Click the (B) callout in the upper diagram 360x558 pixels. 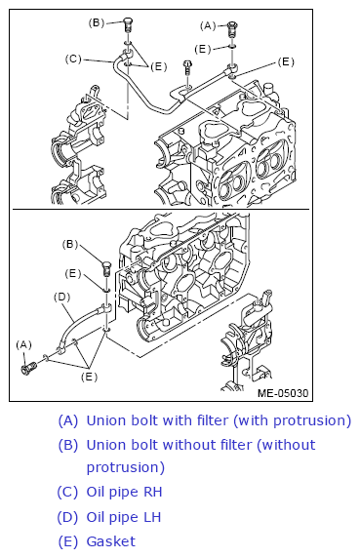click(96, 22)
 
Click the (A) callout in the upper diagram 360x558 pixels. click(208, 26)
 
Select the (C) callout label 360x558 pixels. click(73, 59)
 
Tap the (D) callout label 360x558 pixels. click(61, 297)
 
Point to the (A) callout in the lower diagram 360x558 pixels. click(23, 344)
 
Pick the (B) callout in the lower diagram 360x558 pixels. click(69, 245)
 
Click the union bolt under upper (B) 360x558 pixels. click(128, 24)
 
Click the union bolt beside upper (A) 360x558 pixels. click(232, 28)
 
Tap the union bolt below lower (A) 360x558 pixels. click(28, 368)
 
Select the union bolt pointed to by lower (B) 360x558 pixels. click(106, 268)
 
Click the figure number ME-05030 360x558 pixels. click(283, 393)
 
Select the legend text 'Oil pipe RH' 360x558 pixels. click(124, 492)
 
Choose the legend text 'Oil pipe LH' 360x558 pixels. click(124, 517)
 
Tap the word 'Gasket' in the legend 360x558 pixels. click(111, 541)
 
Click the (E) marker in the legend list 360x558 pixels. click(67, 541)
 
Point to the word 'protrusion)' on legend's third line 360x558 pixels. click(126, 467)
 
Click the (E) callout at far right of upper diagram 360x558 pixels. click(286, 61)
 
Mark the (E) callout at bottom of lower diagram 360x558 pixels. click(89, 377)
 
